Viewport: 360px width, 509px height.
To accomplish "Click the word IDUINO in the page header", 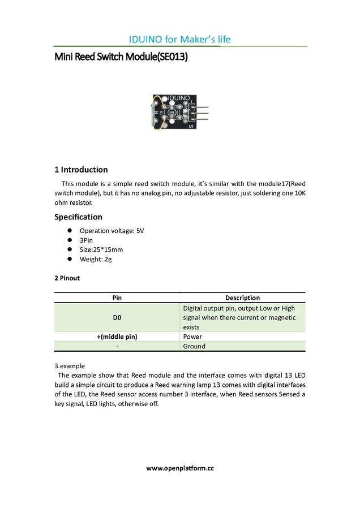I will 146,39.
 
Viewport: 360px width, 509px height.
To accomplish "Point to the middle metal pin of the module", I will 201,113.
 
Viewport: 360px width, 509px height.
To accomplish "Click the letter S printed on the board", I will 191,126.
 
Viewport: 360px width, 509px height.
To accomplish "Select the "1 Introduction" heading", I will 81,170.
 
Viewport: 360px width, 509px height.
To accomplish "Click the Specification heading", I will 78,217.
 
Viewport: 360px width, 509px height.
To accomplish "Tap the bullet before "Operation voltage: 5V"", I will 69,231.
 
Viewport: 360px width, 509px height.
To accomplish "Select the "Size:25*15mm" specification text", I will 101,249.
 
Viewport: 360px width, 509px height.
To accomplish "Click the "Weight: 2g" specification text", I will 100,259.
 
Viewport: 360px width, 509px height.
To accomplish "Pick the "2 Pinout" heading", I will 67,278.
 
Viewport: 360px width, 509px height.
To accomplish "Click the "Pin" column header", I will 117,297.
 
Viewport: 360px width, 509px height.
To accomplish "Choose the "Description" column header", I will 242,297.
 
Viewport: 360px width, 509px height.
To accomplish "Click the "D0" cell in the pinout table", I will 117,318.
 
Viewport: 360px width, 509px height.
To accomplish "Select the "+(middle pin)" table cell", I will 117,337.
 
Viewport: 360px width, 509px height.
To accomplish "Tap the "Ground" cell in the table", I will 194,346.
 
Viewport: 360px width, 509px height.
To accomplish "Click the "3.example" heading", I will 70,366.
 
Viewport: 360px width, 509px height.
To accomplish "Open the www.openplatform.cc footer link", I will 180,468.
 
